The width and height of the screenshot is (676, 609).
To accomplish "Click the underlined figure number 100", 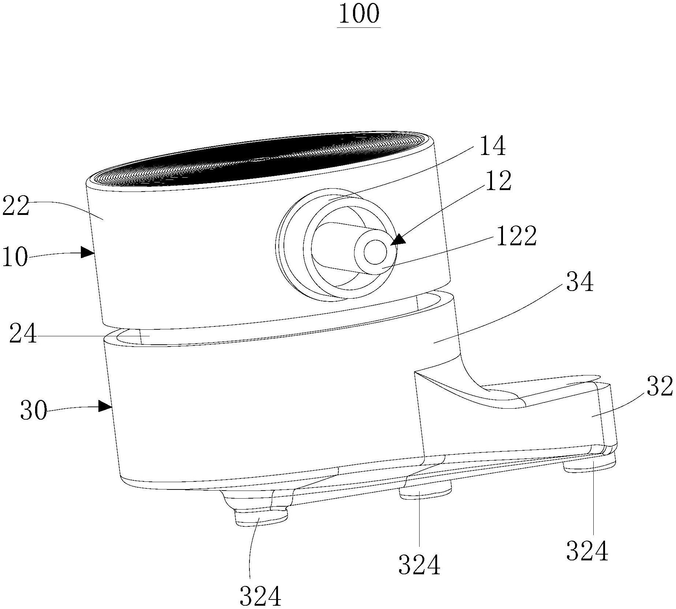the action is pos(359,15).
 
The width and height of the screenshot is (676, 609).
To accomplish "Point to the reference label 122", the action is pos(516,236).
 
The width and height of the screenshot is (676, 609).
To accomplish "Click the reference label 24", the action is pos(23,333).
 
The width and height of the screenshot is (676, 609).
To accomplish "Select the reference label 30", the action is pos(34,410).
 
